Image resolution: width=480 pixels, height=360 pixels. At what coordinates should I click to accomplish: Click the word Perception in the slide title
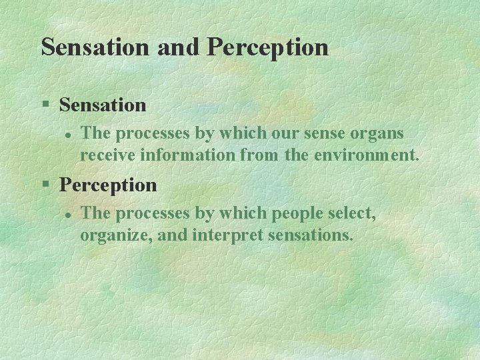[268, 47]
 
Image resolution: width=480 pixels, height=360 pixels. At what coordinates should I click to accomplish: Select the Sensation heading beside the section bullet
[103, 105]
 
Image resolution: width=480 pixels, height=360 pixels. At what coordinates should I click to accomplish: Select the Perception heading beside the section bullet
[108, 185]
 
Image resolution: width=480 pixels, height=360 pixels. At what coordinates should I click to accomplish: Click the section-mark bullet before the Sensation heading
[45, 105]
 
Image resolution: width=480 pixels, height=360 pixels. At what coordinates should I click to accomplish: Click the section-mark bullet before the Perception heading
[45, 185]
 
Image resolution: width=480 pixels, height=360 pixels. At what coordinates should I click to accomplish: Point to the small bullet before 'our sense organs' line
[67, 134]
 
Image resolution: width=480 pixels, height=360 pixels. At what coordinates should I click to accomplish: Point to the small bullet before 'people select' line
[67, 214]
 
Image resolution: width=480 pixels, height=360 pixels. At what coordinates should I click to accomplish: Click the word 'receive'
[105, 156]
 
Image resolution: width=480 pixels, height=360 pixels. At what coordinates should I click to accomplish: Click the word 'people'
[297, 213]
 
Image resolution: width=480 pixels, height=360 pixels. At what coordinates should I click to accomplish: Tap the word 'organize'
[109, 236]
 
